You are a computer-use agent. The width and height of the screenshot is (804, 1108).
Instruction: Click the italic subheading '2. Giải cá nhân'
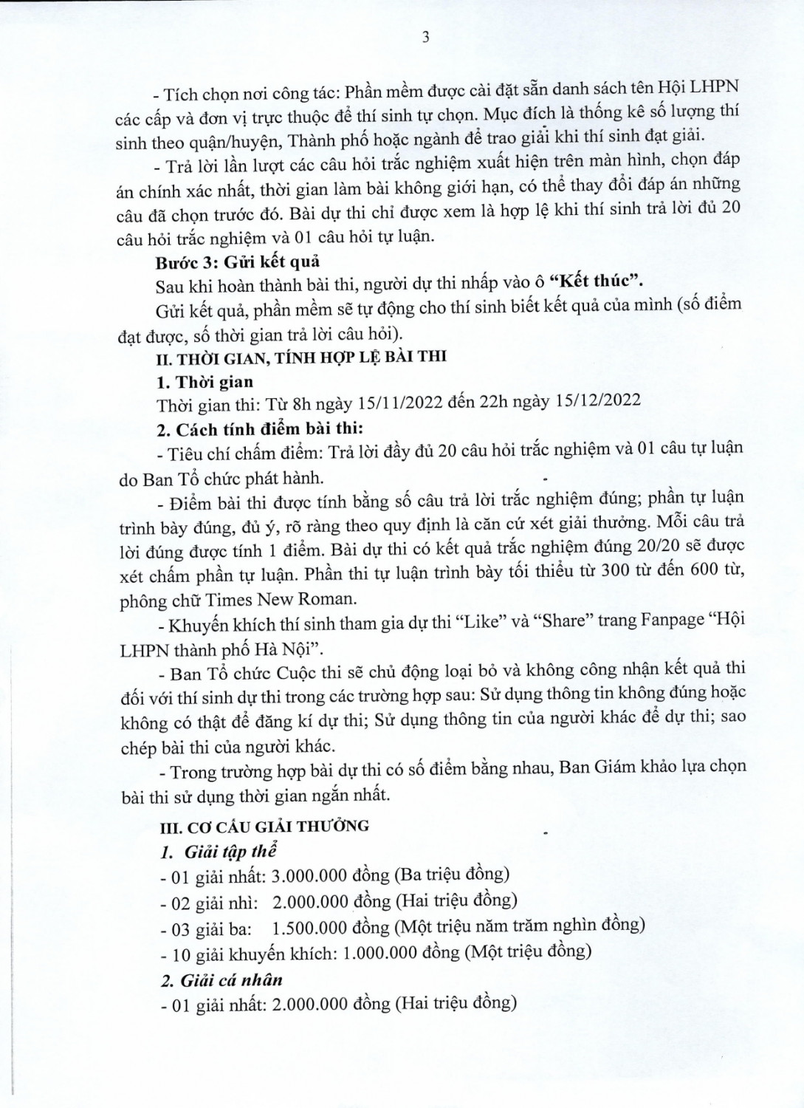[221, 980]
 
